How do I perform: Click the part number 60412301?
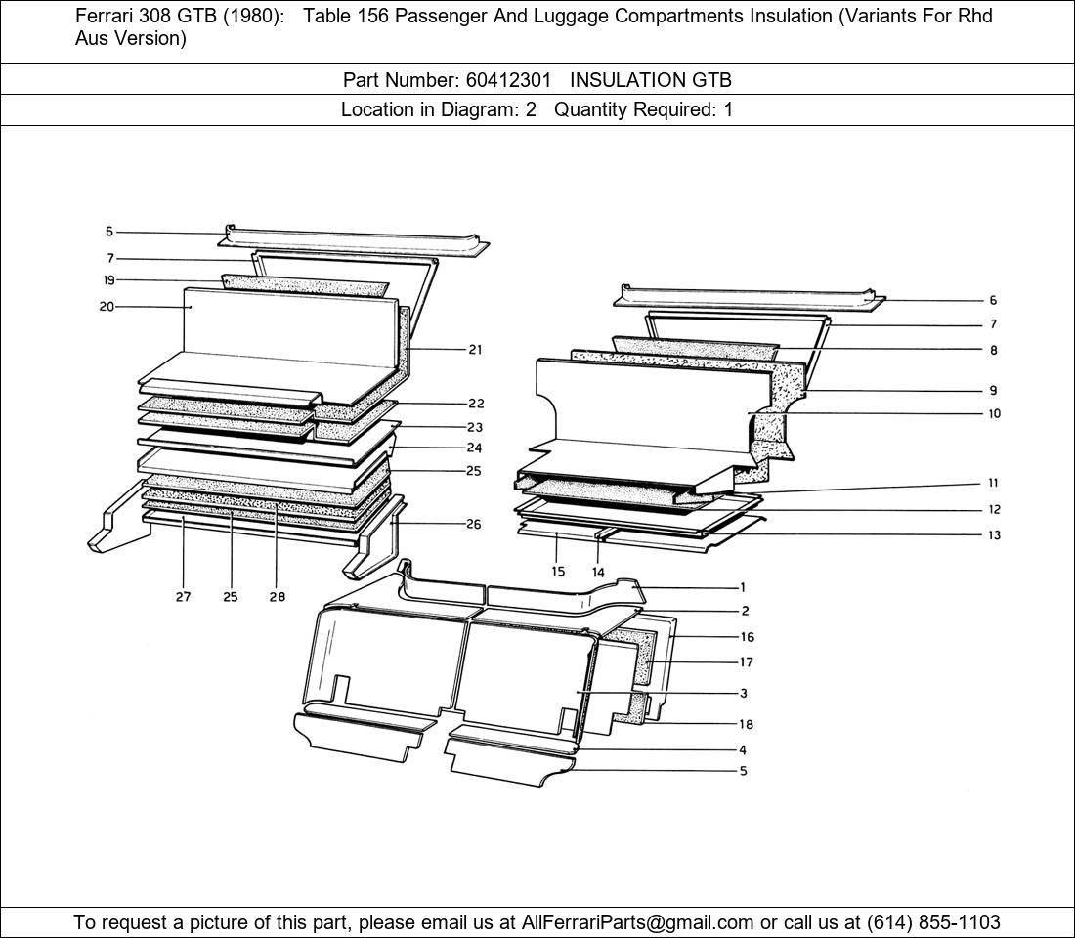click(x=508, y=80)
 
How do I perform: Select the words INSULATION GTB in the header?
click(x=651, y=80)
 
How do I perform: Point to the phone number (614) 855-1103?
click(x=933, y=922)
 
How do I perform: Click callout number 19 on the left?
click(x=109, y=279)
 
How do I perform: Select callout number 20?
click(x=107, y=307)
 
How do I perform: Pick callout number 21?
click(x=475, y=350)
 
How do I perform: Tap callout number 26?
click(x=474, y=525)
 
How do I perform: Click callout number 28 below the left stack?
click(x=277, y=597)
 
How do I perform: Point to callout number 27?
click(x=183, y=597)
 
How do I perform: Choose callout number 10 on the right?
click(x=994, y=413)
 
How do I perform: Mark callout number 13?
click(x=994, y=534)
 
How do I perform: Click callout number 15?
click(x=558, y=572)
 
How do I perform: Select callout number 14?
click(x=598, y=572)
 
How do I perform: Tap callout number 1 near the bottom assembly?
click(x=743, y=587)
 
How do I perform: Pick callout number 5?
click(x=743, y=771)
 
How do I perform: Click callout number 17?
click(x=746, y=662)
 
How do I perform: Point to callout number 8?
click(x=994, y=350)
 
